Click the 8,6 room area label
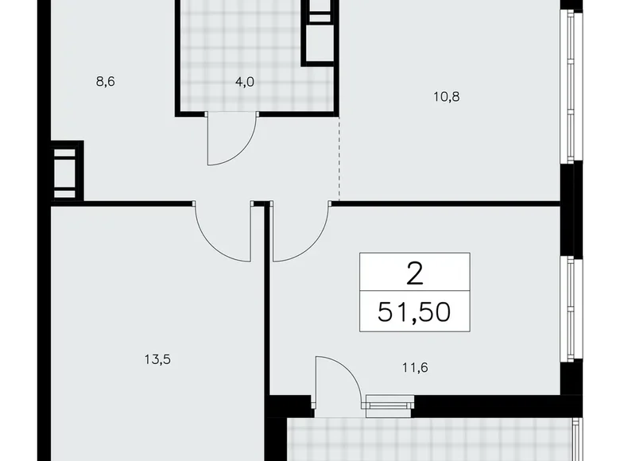105,80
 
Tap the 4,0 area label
244,81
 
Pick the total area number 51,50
413,310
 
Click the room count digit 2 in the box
414,273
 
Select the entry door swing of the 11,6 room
300,232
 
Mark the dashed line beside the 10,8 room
339,159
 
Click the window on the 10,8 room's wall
568,87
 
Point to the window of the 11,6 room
568,310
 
